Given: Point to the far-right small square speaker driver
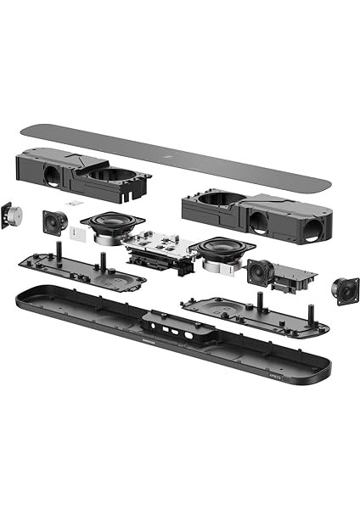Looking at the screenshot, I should [345, 291].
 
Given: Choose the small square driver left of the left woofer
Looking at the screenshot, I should [55, 222].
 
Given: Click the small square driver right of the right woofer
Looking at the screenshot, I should [260, 272].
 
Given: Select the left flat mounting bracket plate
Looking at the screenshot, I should [81, 270].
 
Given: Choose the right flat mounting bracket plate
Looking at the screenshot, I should [255, 315].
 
